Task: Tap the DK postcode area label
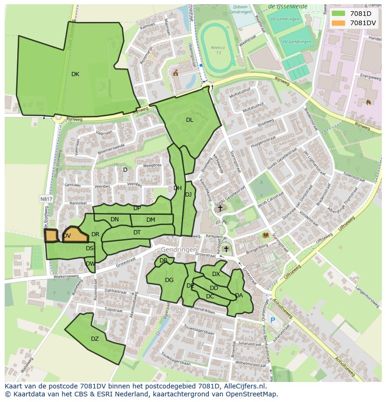pyautogui.click(x=75, y=74)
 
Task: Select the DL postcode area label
pyautogui.click(x=189, y=120)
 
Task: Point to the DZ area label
pyautogui.click(x=95, y=339)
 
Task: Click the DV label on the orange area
pyautogui.click(x=67, y=236)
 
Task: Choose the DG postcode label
pyautogui.click(x=169, y=280)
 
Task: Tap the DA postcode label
pyautogui.click(x=239, y=296)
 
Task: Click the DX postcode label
pyautogui.click(x=216, y=274)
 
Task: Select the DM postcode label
pyautogui.click(x=151, y=220)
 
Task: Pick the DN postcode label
pyautogui.click(x=115, y=219)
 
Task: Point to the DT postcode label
pyautogui.click(x=137, y=233)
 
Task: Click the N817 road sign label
pyautogui.click(x=45, y=199)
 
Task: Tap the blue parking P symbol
pyautogui.click(x=273, y=320)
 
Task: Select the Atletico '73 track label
pyautogui.click(x=215, y=49)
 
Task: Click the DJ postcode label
pyautogui.click(x=188, y=195)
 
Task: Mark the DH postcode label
pyautogui.click(x=178, y=188)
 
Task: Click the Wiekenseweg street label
pyautogui.click(x=67, y=276)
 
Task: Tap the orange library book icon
pyautogui.click(x=266, y=235)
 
